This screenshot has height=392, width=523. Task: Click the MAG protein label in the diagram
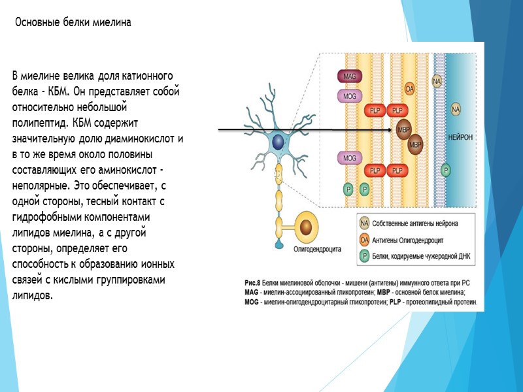(x=349, y=76)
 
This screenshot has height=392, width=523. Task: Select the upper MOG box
(x=349, y=96)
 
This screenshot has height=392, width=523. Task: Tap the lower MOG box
(x=349, y=157)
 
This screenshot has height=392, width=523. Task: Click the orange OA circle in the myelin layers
(x=410, y=88)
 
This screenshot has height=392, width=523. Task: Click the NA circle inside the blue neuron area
(x=455, y=109)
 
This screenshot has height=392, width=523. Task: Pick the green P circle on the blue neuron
(x=446, y=170)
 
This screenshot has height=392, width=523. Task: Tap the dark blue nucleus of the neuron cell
(x=278, y=141)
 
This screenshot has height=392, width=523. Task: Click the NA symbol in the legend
(x=365, y=223)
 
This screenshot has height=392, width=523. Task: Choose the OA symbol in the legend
(x=365, y=239)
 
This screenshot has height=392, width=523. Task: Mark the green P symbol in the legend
(x=365, y=255)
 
